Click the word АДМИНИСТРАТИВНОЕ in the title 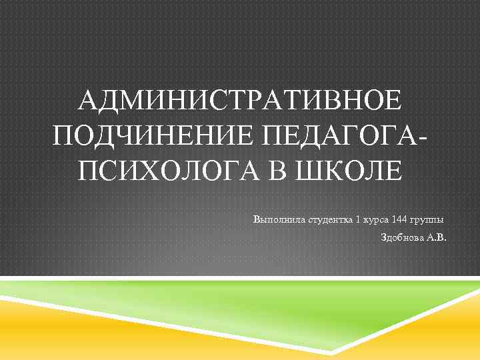pos(239,102)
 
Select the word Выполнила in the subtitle pos(279,219)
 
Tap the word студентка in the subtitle pos(329,219)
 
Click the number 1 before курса pos(359,219)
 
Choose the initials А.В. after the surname pos(437,237)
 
